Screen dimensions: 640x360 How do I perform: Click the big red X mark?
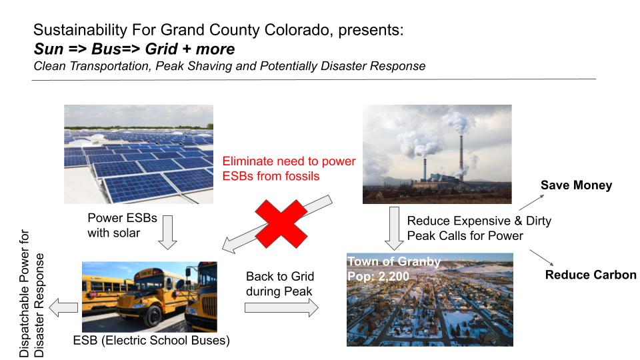pyautogui.click(x=281, y=224)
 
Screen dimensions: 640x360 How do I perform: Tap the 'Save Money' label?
pyautogui.click(x=576, y=185)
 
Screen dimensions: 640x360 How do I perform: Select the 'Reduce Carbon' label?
pyautogui.click(x=591, y=275)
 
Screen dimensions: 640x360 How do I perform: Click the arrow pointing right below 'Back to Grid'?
pyautogui.click(x=281, y=307)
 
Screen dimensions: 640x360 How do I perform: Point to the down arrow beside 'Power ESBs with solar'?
pyautogui.click(x=167, y=232)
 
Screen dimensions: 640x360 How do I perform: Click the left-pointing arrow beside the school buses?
pyautogui.click(x=63, y=307)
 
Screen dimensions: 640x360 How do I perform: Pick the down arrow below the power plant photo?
pyautogui.click(x=394, y=229)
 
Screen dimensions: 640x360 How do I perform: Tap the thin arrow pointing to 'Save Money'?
pyautogui.click(x=531, y=202)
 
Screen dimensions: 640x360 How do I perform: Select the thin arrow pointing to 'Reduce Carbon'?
pyautogui.click(x=541, y=258)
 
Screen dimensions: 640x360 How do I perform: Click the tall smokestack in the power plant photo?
pyautogui.click(x=461, y=154)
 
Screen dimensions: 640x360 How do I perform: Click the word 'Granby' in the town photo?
pyautogui.click(x=419, y=261)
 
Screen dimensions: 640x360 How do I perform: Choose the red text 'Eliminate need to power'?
pyautogui.click(x=289, y=161)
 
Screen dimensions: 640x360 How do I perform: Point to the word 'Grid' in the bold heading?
pyautogui.click(x=161, y=49)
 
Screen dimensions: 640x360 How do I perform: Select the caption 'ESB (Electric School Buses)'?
pyautogui.click(x=151, y=341)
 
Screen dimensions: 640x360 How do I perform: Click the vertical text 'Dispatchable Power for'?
pyautogui.click(x=25, y=293)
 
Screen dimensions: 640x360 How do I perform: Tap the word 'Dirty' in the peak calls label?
pyautogui.click(x=539, y=221)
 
